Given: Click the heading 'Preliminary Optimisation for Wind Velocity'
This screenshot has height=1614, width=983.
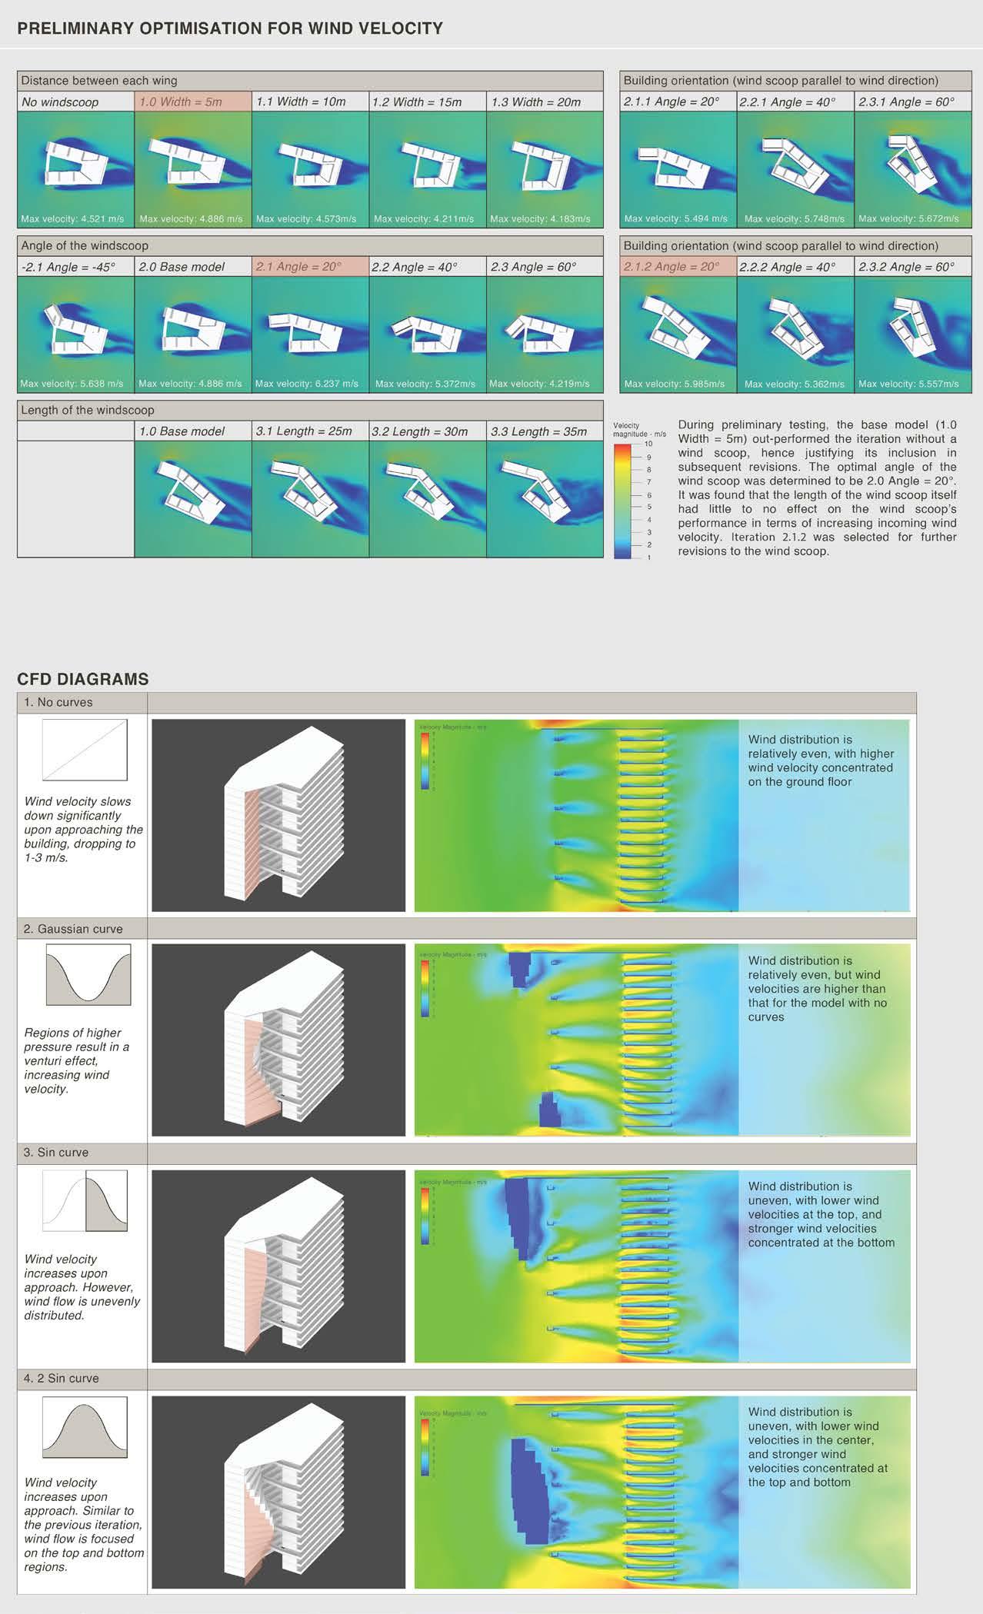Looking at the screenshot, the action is (x=230, y=29).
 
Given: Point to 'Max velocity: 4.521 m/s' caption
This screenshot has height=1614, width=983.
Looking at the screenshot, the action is (x=72, y=219).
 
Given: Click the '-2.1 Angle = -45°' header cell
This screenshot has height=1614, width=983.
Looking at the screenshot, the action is (x=68, y=267).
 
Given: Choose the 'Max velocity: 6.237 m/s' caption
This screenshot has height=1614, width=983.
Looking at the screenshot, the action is (x=307, y=384).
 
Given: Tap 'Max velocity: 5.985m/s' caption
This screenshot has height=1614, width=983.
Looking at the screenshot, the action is (x=675, y=384).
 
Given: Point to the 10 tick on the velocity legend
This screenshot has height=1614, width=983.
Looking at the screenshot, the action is (x=648, y=444).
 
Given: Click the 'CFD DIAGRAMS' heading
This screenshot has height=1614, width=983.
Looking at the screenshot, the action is (x=83, y=679).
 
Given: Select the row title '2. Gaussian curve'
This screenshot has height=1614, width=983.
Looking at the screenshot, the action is (x=73, y=929).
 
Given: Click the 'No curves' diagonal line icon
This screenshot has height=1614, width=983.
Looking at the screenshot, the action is (x=85, y=750).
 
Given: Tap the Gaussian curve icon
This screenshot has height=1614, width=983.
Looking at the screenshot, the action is (x=88, y=974).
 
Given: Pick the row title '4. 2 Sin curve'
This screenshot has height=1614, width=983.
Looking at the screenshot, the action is (x=62, y=1378).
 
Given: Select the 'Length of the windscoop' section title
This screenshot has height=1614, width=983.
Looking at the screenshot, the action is (x=88, y=411).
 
